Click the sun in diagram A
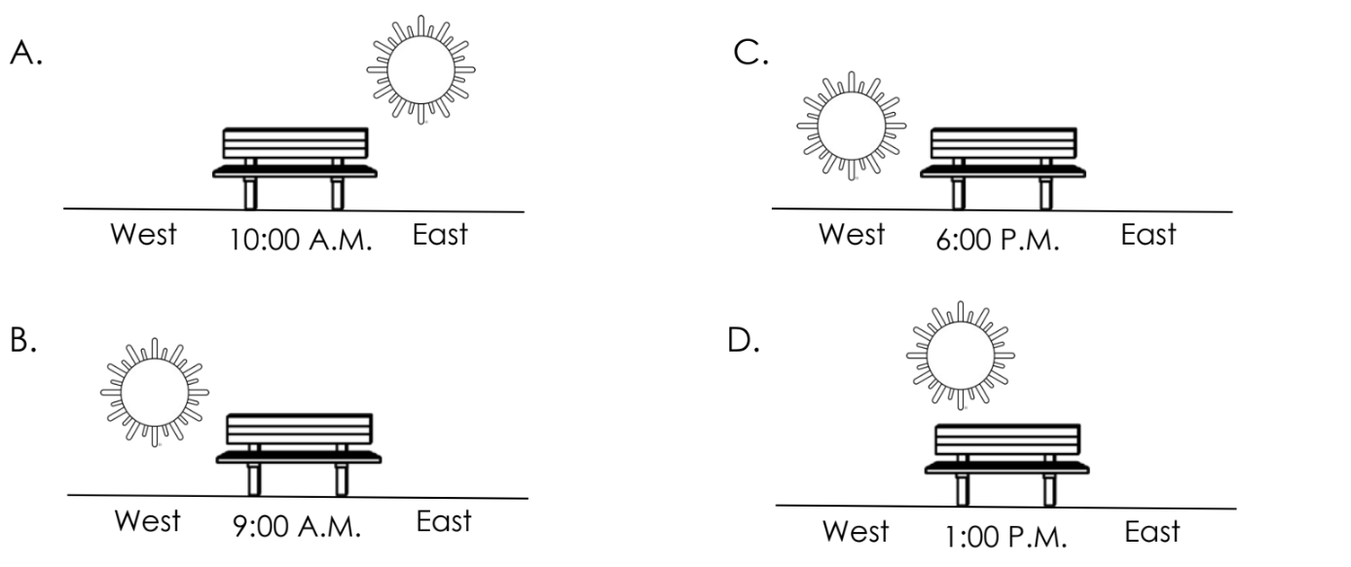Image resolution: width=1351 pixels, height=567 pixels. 421,70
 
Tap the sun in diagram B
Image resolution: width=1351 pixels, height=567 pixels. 155,393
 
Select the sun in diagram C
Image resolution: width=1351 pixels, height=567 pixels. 851,127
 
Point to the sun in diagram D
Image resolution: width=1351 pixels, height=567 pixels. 960,356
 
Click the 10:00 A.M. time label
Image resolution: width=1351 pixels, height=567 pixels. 301,240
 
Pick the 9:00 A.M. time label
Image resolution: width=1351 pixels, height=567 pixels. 297,526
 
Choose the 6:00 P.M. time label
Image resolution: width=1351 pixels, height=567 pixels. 998,240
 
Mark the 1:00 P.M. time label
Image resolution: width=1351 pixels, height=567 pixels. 1005,537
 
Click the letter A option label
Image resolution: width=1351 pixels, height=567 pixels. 26,53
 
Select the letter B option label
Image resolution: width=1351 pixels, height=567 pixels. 23,339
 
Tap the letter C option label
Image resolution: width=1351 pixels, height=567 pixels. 750,53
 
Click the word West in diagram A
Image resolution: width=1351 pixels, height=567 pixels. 143,234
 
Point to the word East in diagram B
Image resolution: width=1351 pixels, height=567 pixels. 444,521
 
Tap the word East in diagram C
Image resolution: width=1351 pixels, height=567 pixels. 1149,234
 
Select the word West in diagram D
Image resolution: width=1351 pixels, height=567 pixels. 856,531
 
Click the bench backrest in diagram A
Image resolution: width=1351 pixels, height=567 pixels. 296,143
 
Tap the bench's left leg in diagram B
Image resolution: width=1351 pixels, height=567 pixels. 254,479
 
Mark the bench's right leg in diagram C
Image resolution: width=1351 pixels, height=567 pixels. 1046,193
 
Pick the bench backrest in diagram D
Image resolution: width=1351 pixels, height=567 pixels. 1007,439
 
